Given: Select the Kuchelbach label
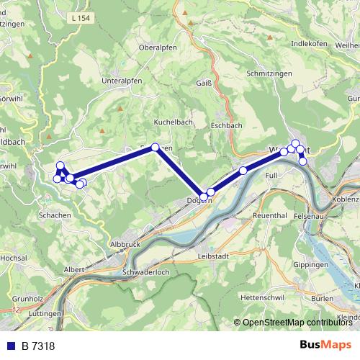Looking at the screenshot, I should coord(174,122).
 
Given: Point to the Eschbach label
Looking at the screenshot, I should coord(227,125).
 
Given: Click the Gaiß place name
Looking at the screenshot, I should coord(204,82).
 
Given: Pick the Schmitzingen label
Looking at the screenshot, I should coord(270,73).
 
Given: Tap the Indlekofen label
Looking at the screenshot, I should coord(310,42).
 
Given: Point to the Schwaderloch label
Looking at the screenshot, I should coord(146,273).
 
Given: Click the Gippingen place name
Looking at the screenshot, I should coord(311,265).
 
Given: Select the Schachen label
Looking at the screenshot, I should coord(55,215).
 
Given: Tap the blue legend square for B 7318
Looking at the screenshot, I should coord(11,346).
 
